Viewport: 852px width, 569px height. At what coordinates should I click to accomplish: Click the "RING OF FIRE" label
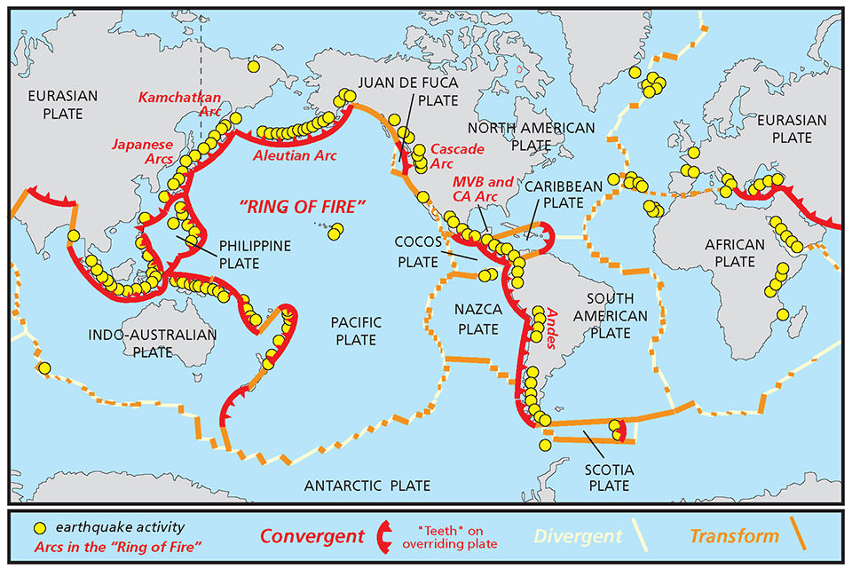[x=304, y=208]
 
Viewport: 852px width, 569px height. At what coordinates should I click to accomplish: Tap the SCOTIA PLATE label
[x=608, y=477]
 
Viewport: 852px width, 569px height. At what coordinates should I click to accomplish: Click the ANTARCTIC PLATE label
[x=367, y=486]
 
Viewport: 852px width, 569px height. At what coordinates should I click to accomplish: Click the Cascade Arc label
[x=446, y=155]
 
